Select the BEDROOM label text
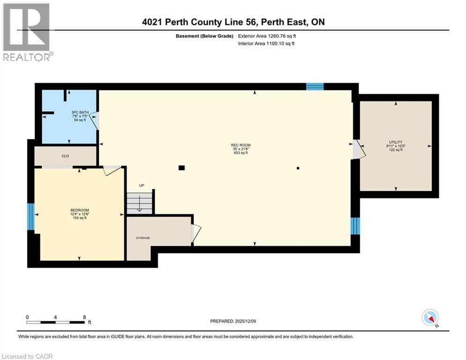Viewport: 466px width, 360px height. point(80,210)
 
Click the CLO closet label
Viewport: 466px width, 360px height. point(66,156)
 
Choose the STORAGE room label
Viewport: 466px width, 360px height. point(143,238)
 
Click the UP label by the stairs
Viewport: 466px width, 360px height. point(141,186)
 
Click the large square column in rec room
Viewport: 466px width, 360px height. point(181,168)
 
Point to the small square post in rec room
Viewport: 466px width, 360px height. point(298,168)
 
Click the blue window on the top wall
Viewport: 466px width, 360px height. point(315,86)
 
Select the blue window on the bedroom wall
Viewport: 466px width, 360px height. point(31,217)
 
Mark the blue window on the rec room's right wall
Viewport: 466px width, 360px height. point(355,226)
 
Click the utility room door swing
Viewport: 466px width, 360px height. point(357,150)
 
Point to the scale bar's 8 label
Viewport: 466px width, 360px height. point(84,317)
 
